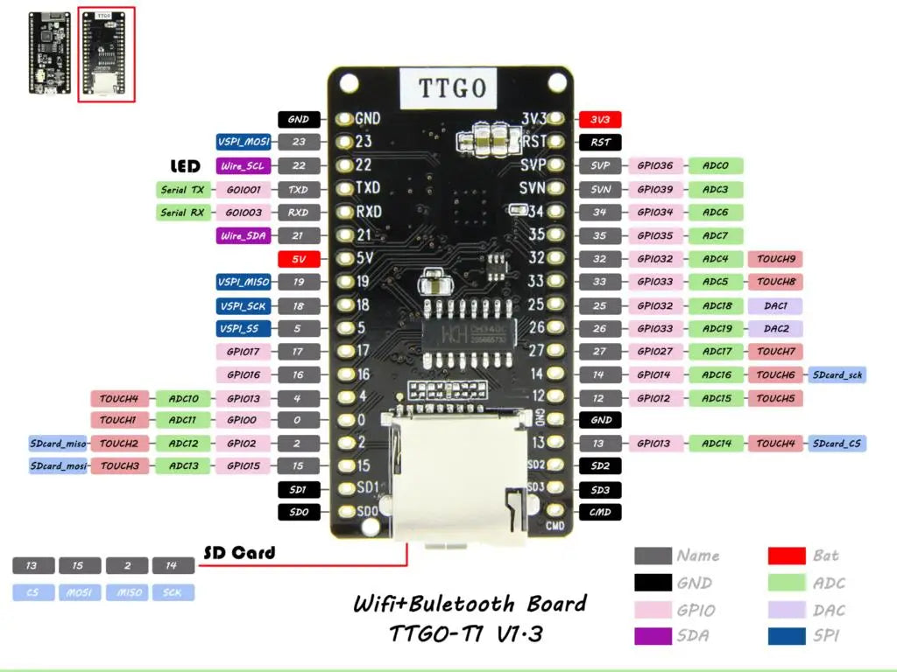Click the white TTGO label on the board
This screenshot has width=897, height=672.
coord(447,87)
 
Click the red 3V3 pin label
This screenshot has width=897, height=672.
coord(600,119)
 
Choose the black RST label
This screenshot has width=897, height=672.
coord(600,142)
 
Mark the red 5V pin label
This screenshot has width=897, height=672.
coord(298,259)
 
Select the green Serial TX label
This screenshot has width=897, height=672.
coord(182,189)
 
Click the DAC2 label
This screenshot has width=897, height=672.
coord(775,329)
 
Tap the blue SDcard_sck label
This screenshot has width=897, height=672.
coord(837,374)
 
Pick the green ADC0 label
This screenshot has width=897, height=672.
coord(716,165)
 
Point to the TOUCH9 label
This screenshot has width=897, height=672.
coord(775,259)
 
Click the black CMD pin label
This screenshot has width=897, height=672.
coord(600,512)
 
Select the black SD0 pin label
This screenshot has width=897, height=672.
coord(298,512)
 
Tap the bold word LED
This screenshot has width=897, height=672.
coord(185,165)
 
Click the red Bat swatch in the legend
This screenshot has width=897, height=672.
coord(787,556)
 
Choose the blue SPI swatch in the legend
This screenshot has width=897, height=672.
coord(787,636)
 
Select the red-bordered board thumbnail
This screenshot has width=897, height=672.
coord(106,54)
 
